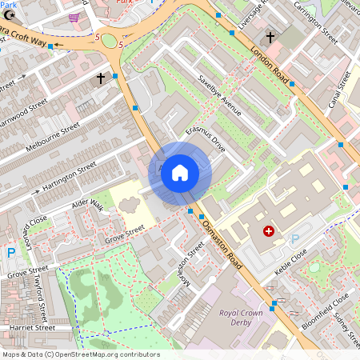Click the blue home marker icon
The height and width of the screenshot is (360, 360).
pyautogui.click(x=180, y=173)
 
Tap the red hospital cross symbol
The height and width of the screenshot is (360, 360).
pyautogui.click(x=268, y=231)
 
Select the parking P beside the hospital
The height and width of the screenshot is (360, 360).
pyautogui.click(x=294, y=238)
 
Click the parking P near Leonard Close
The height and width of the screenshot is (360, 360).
pyautogui.click(x=11, y=253)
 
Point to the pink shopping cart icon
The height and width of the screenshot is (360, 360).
pyautogui.click(x=74, y=17)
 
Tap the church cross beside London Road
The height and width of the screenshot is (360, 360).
pyautogui.click(x=270, y=37)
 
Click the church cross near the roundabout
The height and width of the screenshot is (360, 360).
pyautogui.click(x=101, y=78)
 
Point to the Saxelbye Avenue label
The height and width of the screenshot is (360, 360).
pyautogui.click(x=219, y=95)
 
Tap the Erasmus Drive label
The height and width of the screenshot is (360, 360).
pyautogui.click(x=206, y=138)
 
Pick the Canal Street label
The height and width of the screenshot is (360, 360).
pyautogui.click(x=339, y=90)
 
